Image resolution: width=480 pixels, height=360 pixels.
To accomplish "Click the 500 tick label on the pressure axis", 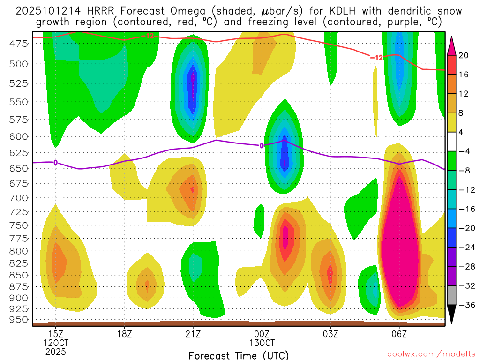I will click(19, 64).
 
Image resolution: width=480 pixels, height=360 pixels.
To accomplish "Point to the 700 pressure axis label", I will click(19, 197).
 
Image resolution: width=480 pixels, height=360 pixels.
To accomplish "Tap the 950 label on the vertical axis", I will click(19, 320).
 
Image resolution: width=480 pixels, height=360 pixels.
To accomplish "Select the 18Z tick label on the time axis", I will click(124, 334).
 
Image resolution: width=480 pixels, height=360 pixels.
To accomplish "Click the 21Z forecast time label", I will click(193, 334).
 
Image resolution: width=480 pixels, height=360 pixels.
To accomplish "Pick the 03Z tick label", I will click(330, 334).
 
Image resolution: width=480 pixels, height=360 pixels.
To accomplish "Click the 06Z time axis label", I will click(399, 334).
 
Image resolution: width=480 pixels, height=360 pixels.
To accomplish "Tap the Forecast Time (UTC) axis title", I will click(239, 355).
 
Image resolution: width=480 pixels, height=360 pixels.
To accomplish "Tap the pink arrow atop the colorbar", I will click(452, 45).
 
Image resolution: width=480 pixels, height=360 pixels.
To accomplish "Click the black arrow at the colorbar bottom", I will click(452, 315).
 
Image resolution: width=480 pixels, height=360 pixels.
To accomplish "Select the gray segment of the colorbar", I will click(452, 295).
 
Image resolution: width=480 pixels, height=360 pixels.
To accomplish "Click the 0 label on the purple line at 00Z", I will click(262, 145).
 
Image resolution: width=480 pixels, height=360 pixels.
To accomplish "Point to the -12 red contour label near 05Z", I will click(377, 57).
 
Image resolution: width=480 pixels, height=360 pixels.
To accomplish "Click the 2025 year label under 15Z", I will click(56, 352).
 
